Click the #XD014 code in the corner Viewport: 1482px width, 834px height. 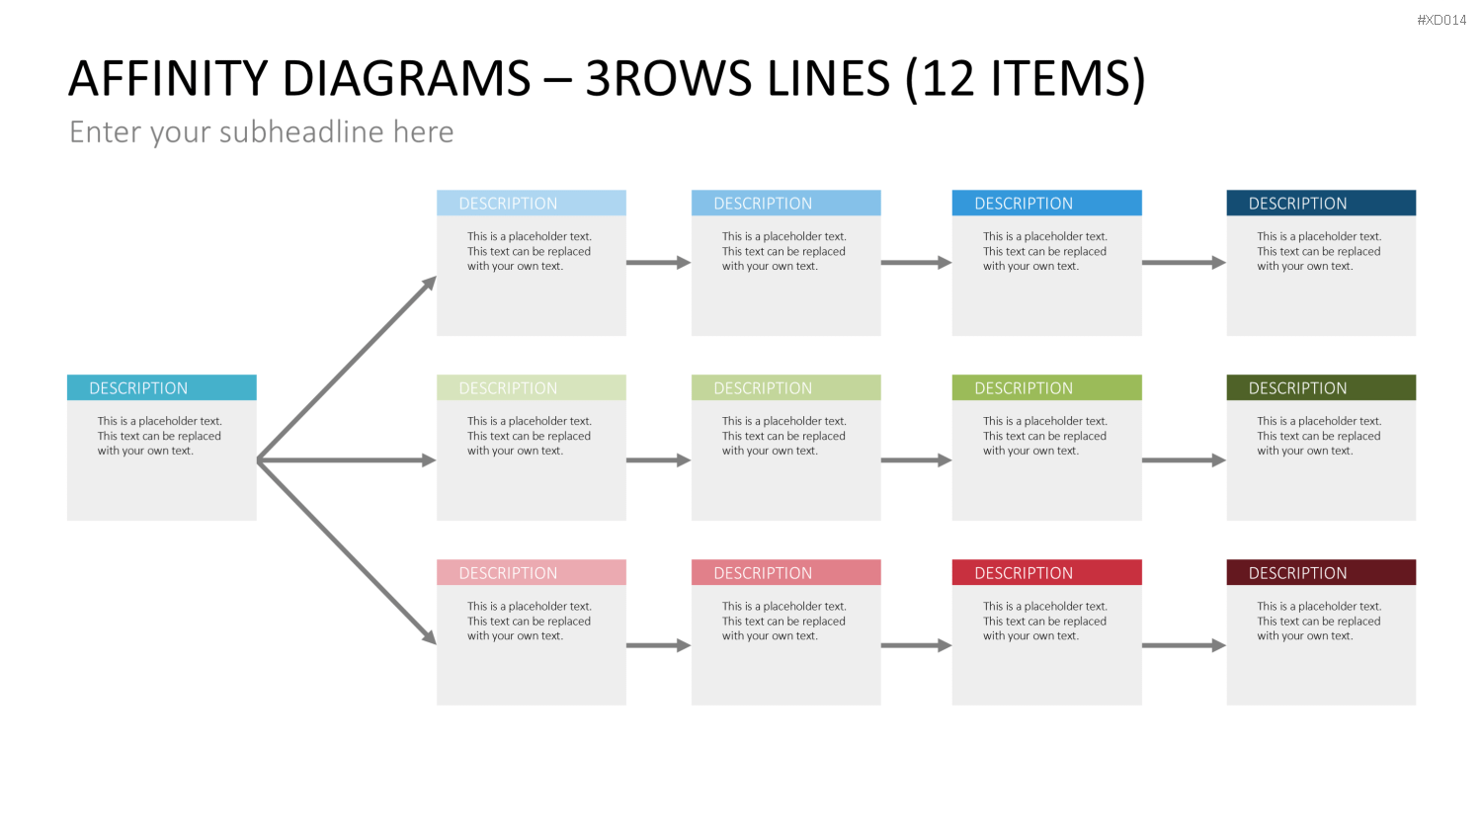pos(1441,20)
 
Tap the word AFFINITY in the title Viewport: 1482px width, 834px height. pos(167,79)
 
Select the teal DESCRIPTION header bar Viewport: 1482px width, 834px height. pos(161,388)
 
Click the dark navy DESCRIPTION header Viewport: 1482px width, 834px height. pos(1321,204)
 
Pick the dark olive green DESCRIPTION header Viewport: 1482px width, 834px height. pos(1321,388)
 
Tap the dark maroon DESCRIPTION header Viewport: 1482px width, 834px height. pos(1321,572)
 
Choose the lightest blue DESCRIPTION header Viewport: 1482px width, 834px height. pos(532,204)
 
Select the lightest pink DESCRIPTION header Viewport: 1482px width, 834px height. pos(532,572)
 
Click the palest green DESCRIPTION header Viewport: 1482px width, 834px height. pos(532,388)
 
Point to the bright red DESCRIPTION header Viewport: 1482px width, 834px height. pos(1046,572)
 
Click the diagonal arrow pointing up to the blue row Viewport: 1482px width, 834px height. pos(347,368)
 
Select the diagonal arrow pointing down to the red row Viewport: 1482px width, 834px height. pos(347,552)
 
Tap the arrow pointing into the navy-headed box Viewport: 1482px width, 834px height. pos(1185,263)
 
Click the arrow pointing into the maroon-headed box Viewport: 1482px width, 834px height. pos(1185,645)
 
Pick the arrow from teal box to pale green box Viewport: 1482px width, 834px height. pos(347,460)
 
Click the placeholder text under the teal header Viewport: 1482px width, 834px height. pos(159,436)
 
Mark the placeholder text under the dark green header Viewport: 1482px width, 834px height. pos(1319,436)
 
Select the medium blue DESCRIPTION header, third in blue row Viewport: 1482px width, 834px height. pos(1046,204)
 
